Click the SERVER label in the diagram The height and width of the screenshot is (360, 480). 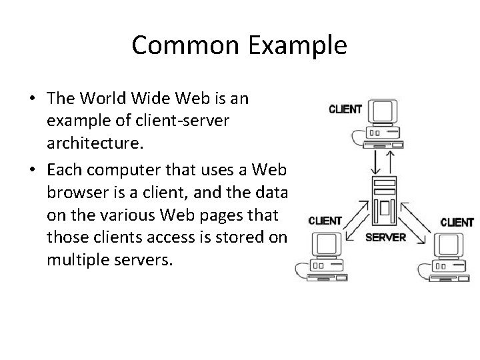(x=385, y=237)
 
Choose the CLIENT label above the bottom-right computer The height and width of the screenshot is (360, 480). (x=457, y=222)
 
